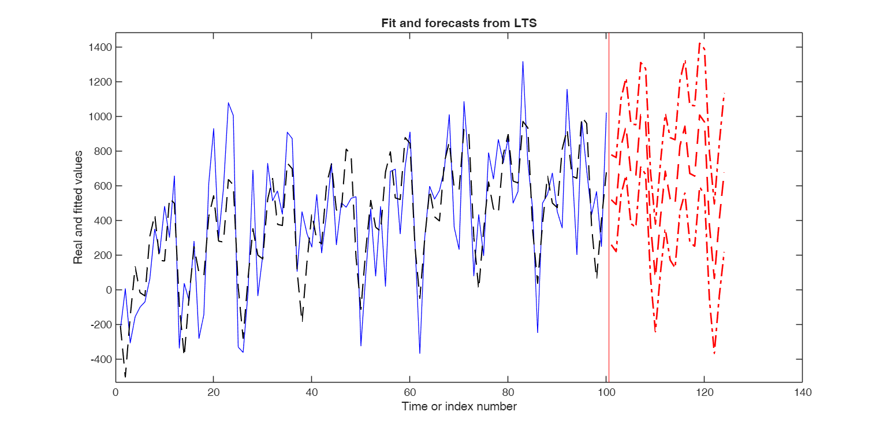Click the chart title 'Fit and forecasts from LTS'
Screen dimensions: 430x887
[459, 24]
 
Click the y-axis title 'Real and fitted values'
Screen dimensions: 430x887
[78, 206]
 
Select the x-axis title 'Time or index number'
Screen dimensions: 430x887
[459, 406]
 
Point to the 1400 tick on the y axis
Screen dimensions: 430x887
[99, 47]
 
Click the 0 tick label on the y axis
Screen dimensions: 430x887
[107, 290]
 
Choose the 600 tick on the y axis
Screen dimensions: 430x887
[102, 186]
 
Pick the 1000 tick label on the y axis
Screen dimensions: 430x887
[99, 116]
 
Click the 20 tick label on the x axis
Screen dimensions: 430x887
[214, 392]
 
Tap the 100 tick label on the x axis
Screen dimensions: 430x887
[606, 392]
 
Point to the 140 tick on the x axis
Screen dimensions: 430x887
[802, 392]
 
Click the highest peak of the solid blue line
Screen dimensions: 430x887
[523, 61]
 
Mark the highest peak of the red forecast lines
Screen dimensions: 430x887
[699, 43]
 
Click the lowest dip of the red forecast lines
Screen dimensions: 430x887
[714, 353]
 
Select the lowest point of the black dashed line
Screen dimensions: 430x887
[125, 377]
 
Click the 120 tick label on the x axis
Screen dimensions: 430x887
[704, 392]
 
